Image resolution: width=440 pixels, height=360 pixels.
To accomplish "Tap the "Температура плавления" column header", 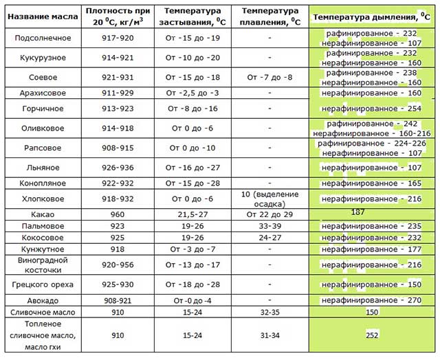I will (270, 16).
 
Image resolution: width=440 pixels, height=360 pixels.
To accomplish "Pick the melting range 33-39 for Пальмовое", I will (270, 225).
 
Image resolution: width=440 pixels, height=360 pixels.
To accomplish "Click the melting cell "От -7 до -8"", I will (270, 77).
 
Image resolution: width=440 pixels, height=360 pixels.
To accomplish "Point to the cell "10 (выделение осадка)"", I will (270, 199).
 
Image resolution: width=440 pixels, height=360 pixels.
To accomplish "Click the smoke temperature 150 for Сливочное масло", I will (372, 312).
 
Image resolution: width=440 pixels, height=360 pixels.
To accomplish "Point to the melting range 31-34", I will (270, 335).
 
